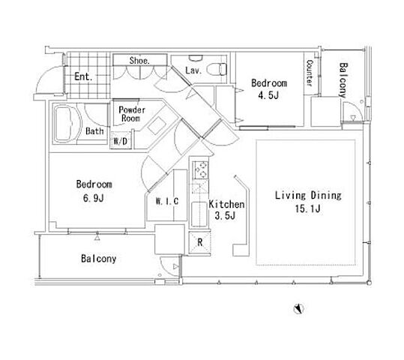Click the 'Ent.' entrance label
[x=83, y=76]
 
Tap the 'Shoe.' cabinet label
[x=139, y=61]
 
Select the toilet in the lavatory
[x=219, y=68]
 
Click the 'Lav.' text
[x=193, y=70]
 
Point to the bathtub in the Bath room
[x=67, y=124]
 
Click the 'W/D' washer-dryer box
[x=121, y=141]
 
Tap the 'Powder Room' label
[x=132, y=114]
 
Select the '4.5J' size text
[x=268, y=95]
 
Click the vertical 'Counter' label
[x=310, y=73]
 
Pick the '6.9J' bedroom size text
[x=94, y=198]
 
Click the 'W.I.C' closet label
[x=167, y=201]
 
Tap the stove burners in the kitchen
[x=201, y=169]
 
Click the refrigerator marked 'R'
[x=199, y=242]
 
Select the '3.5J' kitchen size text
[x=225, y=215]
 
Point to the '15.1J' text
[x=307, y=208]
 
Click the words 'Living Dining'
[x=308, y=196]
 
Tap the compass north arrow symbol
[x=299, y=309]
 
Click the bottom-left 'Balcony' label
[x=99, y=259]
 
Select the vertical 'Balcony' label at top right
[x=343, y=80]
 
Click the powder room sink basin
[x=157, y=125]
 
